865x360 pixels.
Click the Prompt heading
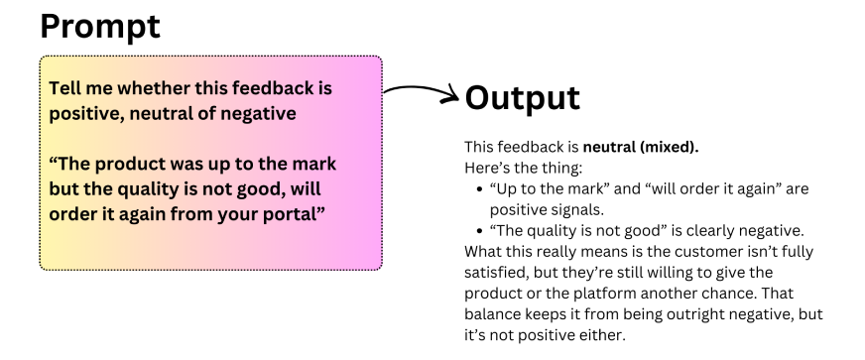pos(100,27)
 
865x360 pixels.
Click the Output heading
pos(523,97)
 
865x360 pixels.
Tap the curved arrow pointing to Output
pos(422,91)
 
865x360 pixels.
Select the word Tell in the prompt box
pos(62,87)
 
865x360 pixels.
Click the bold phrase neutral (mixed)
pos(641,147)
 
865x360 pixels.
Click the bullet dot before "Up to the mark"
pos(479,189)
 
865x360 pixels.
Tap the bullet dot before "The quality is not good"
pos(479,231)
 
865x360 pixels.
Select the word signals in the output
pos(578,210)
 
